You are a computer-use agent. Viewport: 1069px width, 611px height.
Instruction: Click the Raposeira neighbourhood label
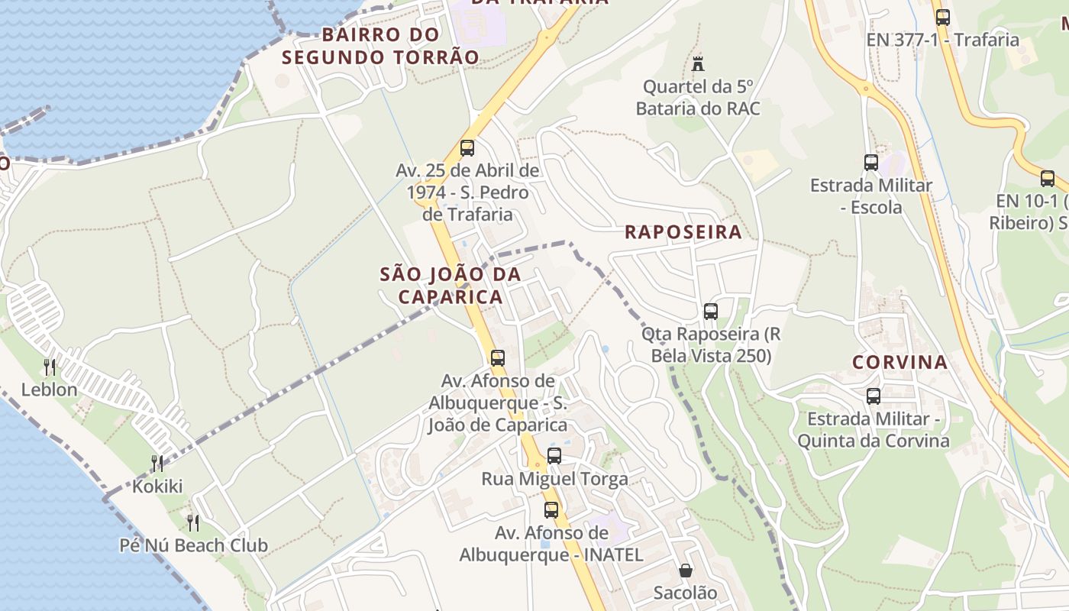click(x=683, y=232)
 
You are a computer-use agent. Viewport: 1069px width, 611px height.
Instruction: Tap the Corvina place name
click(x=899, y=362)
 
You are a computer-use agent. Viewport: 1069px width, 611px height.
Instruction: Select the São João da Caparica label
click(x=451, y=285)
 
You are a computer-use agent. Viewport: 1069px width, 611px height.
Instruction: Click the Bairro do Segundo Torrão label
click(x=380, y=46)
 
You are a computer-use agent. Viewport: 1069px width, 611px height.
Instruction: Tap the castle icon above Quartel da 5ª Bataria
click(x=697, y=63)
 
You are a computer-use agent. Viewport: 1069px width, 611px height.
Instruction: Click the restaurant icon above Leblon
click(x=50, y=367)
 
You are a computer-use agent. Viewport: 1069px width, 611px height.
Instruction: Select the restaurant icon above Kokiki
click(x=157, y=463)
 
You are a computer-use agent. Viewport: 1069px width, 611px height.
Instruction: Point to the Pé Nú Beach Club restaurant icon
click(x=193, y=522)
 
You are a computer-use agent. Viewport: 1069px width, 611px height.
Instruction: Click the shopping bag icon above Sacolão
click(x=685, y=571)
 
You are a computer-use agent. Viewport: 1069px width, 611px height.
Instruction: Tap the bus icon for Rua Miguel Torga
click(x=554, y=456)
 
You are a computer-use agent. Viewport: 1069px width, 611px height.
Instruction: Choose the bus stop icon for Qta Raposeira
click(x=710, y=312)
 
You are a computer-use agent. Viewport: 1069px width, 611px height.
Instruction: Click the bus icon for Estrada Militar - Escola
click(x=870, y=162)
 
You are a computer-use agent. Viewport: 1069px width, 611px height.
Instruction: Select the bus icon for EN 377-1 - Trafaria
click(x=942, y=17)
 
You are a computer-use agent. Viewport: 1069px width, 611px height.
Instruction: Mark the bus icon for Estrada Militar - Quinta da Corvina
click(x=873, y=396)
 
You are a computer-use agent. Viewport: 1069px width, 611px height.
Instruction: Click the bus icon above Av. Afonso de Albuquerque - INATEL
click(x=551, y=509)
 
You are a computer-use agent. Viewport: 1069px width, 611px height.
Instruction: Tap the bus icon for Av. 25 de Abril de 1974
click(x=467, y=148)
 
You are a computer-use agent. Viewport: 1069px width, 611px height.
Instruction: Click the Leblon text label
click(x=50, y=390)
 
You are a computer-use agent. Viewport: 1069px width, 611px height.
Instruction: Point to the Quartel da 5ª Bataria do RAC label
click(x=698, y=98)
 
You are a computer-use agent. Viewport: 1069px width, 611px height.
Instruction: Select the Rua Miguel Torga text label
click(x=554, y=479)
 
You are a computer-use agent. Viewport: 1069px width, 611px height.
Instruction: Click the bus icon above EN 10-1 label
click(x=1047, y=179)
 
